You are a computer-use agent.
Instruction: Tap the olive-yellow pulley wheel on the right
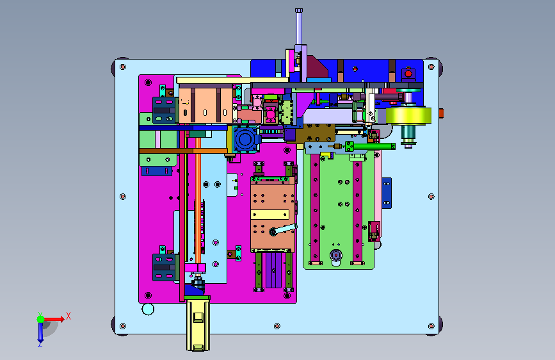(x=408, y=116)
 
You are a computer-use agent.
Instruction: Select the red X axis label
(x=68, y=316)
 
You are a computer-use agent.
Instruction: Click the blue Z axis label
(x=40, y=344)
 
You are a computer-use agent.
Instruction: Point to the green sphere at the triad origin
(x=41, y=319)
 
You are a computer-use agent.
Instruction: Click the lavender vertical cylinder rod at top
(x=299, y=28)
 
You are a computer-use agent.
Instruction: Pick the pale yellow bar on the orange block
(x=269, y=215)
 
